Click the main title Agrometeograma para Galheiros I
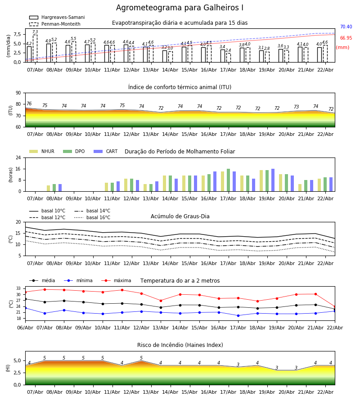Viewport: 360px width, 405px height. tap(180, 8)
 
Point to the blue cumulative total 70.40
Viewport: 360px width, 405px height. tap(346, 27)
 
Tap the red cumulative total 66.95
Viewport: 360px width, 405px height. tap(346, 38)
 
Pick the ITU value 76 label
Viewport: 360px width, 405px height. tap(29, 104)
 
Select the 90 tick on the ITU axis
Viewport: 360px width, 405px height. tap(18, 93)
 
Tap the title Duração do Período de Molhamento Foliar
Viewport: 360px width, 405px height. tap(180, 152)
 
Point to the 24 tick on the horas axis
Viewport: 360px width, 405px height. tap(18, 158)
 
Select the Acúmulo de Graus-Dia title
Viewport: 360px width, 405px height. tap(180, 216)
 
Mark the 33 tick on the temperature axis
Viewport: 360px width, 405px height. tap(18, 288)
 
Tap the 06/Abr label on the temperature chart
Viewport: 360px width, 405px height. tap(25, 327)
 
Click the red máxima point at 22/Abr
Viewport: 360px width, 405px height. tap(334, 306)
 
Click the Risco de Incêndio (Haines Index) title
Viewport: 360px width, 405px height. tap(180, 345)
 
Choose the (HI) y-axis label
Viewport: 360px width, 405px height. tap(8, 368)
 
